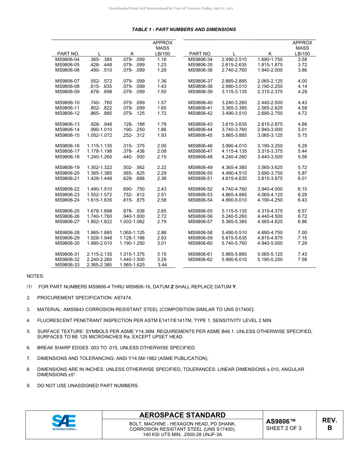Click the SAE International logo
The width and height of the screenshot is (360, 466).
point(64,423)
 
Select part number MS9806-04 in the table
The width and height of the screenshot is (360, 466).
point(67,59)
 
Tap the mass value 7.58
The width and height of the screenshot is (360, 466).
point(302,260)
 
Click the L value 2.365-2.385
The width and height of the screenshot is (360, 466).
point(99,265)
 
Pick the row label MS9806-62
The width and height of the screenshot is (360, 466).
point(200,260)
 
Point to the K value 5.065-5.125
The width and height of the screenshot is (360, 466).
point(270,254)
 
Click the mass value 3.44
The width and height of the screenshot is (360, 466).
point(162,265)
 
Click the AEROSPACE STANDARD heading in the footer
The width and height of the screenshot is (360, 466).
point(182,415)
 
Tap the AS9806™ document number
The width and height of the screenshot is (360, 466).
point(280,421)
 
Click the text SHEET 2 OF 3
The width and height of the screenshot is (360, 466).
point(284,428)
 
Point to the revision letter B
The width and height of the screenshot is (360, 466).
point(329,428)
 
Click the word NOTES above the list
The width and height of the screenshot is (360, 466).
point(35,276)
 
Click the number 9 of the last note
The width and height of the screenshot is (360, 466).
point(28,386)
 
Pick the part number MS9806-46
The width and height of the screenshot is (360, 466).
point(200,146)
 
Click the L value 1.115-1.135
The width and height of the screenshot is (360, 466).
point(99,146)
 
